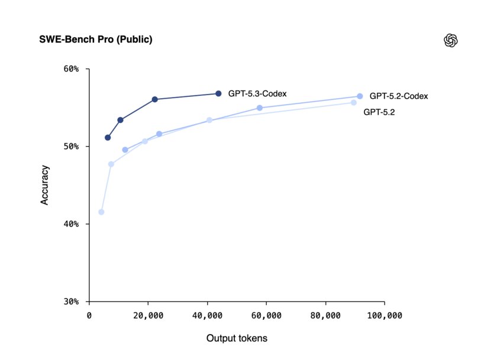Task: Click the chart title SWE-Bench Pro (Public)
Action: pos(96,40)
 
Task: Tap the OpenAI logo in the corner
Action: pos(451,40)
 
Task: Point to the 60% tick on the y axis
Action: pos(72,69)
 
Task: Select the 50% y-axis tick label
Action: pos(72,147)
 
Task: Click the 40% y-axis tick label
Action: pos(72,224)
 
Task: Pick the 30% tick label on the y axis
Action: pos(72,301)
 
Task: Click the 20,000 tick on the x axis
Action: pos(149,316)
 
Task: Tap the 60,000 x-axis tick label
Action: pos(266,316)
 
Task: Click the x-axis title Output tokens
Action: pos(237,339)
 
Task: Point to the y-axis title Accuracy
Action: pos(44,185)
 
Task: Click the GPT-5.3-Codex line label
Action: pos(258,93)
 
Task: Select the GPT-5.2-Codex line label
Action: pos(399,96)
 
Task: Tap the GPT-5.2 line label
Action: pos(379,111)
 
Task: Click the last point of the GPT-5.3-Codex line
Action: pos(218,93)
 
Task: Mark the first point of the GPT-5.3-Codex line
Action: pos(108,138)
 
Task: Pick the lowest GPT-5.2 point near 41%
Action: pos(101,212)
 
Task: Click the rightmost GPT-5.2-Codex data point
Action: pos(360,96)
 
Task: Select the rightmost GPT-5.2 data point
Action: pos(354,103)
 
